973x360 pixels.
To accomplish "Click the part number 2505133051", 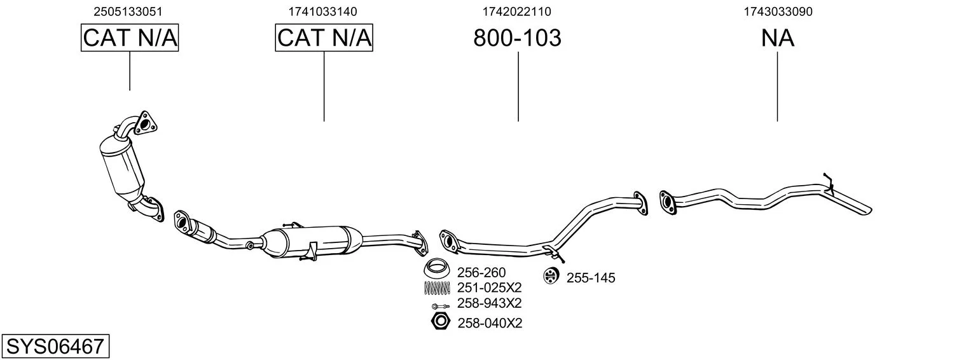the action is pos(128,11).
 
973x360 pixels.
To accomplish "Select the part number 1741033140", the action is pos(322,11).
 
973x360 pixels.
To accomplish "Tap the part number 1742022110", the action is pos(517,11).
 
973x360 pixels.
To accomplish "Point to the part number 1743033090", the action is pos(778,11).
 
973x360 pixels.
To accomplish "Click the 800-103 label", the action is pos(517,38).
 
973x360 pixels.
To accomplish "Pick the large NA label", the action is pos(778,38).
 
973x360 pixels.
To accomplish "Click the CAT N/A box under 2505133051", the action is pos(130,38).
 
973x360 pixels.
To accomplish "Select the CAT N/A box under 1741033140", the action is pos(324,38).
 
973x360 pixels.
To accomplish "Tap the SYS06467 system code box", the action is pos(55,346).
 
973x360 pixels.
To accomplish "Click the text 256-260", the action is pos(481,273).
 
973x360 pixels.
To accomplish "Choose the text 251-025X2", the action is pos(489,288).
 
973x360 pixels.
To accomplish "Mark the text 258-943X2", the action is pos(489,303).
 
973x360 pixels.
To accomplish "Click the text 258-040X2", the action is pos(490,323).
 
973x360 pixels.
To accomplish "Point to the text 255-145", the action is pos(591,278).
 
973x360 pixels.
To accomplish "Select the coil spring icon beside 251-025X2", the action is pos(437,287).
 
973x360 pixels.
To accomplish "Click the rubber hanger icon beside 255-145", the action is pos(551,276).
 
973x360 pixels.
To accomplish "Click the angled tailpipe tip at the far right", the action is pos(852,204).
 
